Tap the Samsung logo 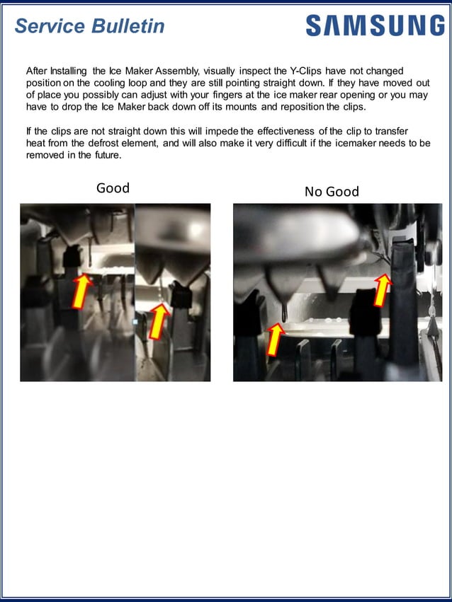(375, 25)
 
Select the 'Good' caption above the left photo (113, 187)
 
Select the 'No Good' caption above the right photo (332, 191)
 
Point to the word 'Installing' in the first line (69, 71)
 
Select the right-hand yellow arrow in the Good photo (159, 320)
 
